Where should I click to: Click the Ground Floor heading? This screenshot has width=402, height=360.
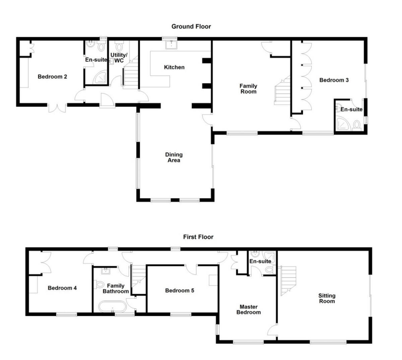pyautogui.click(x=191, y=26)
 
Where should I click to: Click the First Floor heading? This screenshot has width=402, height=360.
pyautogui.click(x=198, y=237)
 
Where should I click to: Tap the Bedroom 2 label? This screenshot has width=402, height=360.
pyautogui.click(x=52, y=77)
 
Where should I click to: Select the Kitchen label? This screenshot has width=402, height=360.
pyautogui.click(x=174, y=67)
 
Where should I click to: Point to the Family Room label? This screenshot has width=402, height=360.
pyautogui.click(x=248, y=89)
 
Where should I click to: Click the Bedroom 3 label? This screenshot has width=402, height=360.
pyautogui.click(x=334, y=80)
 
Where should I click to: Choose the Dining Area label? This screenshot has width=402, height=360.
pyautogui.click(x=174, y=157)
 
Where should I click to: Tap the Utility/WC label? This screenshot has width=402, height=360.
pyautogui.click(x=119, y=58)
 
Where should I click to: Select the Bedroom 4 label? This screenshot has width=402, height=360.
pyautogui.click(x=62, y=288)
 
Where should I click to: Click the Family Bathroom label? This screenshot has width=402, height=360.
pyautogui.click(x=116, y=288)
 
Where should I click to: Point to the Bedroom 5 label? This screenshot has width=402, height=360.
pyautogui.click(x=180, y=290)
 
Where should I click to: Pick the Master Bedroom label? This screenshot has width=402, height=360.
pyautogui.click(x=249, y=309)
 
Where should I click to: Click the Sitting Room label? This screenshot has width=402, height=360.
pyautogui.click(x=327, y=298)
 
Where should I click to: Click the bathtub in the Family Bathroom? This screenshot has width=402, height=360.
pyautogui.click(x=113, y=307)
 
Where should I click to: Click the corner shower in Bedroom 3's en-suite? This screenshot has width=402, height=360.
pyautogui.click(x=342, y=124)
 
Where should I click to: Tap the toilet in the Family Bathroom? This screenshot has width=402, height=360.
pyautogui.click(x=99, y=285)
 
